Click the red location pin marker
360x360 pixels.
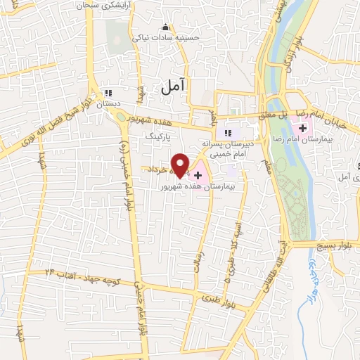pyautogui.click(x=181, y=165)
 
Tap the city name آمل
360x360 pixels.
pyautogui.click(x=172, y=86)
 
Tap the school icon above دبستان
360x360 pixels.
pyautogui.click(x=108, y=93)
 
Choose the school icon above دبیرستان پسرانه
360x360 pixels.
pyautogui.click(x=227, y=133)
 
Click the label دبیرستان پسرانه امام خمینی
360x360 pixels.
pyautogui.click(x=227, y=146)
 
